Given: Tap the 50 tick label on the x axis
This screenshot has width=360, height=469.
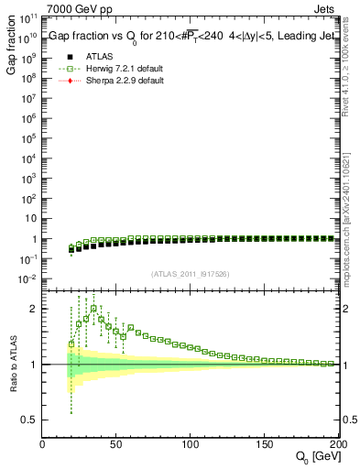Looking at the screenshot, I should tap(116, 445).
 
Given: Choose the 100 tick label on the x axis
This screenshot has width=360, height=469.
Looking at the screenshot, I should tap(190, 445).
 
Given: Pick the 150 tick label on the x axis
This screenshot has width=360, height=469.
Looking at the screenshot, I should tap(265, 445).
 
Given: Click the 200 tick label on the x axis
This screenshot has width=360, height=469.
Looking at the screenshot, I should tap(335, 445).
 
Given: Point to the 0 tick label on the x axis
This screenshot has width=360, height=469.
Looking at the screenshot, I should tap(42, 445).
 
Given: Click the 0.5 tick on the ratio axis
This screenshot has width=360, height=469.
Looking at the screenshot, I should tap(28, 420).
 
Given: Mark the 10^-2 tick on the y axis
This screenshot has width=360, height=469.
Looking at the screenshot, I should tap(27, 279).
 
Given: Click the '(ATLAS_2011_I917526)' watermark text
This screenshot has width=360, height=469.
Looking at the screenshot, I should tap(190, 274).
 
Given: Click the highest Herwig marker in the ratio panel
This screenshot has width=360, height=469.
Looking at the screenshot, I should tap(93, 309).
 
